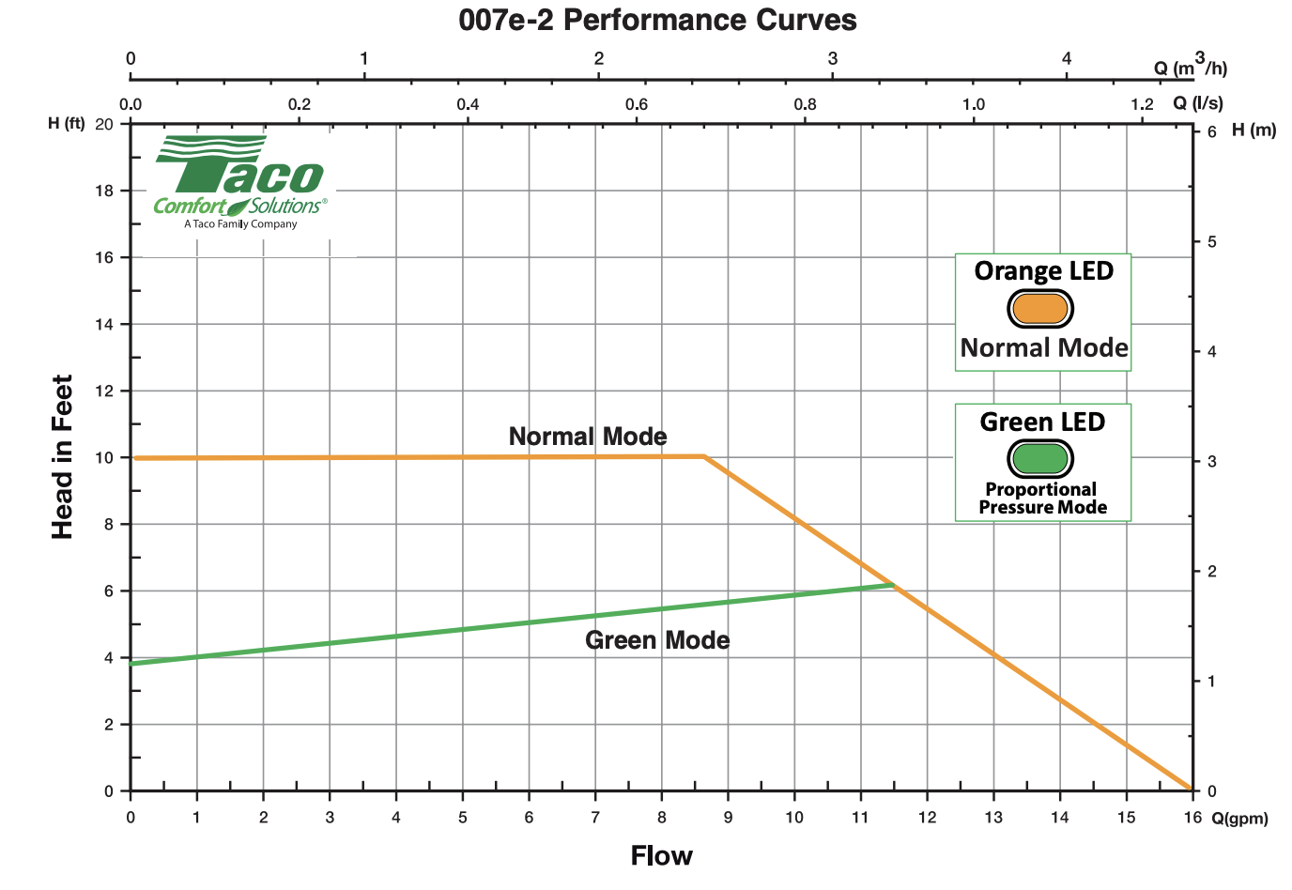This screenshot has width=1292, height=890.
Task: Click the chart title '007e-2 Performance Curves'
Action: [657, 20]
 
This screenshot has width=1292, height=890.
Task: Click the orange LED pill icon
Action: [1040, 308]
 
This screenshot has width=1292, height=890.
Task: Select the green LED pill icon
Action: [1040, 458]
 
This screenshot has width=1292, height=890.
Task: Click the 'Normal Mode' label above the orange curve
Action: [588, 437]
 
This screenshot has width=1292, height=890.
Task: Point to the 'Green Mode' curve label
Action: [657, 640]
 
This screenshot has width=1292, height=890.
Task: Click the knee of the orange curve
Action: [704, 456]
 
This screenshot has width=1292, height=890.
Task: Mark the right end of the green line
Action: [893, 585]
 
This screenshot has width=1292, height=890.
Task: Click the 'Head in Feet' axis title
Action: [62, 457]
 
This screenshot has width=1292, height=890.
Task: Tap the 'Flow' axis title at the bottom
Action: [661, 855]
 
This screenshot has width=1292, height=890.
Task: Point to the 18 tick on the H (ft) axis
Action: [104, 191]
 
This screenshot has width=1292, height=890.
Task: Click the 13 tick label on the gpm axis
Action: [993, 817]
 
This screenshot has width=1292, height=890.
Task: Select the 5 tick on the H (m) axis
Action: [1211, 242]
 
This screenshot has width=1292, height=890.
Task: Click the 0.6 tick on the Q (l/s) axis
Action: [637, 104]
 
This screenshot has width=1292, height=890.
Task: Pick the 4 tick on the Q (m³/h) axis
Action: [1067, 59]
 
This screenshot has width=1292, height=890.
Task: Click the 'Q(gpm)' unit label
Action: [1239, 819]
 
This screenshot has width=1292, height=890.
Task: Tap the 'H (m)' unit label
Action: [1254, 130]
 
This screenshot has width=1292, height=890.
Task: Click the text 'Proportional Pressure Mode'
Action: [1042, 499]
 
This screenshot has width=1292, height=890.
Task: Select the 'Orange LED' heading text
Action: [1043, 271]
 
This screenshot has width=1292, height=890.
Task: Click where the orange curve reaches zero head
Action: [1191, 790]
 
